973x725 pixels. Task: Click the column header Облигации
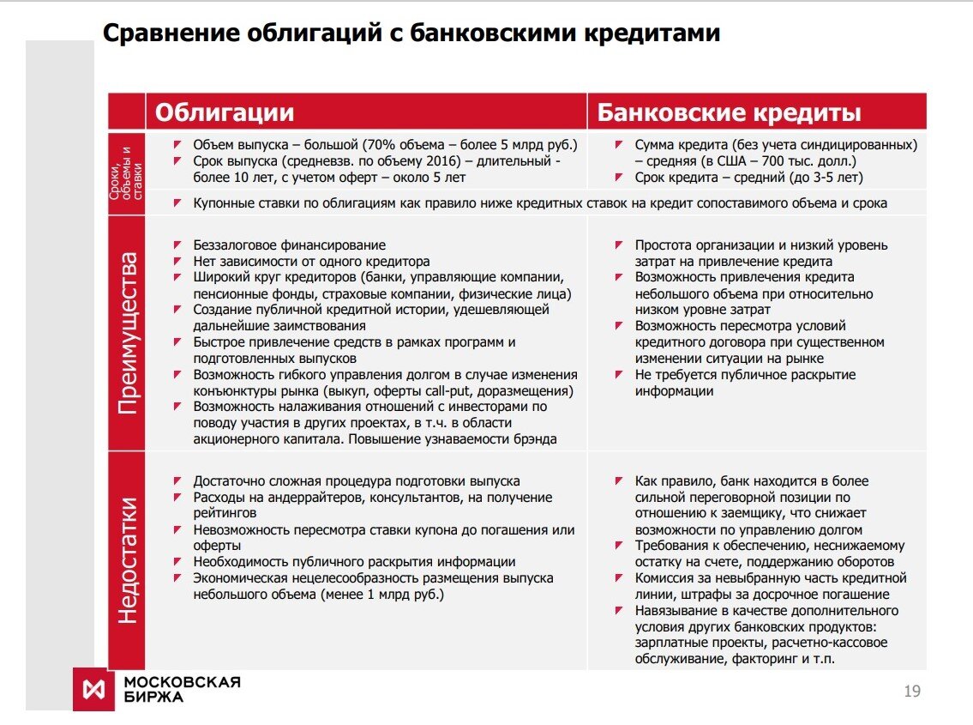click(224, 113)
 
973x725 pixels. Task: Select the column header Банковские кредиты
click(729, 113)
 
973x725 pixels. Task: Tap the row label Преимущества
click(127, 333)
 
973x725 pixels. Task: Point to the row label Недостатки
click(127, 560)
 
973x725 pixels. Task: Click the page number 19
click(912, 692)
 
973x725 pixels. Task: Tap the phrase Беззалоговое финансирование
click(289, 245)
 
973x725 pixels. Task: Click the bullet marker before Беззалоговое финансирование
click(177, 245)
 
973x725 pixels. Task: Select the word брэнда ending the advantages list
click(533, 439)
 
